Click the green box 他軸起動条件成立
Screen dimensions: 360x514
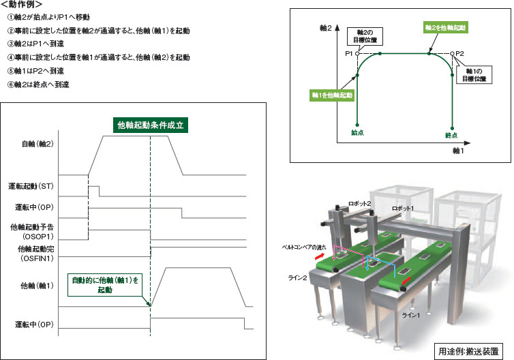tap(151, 125)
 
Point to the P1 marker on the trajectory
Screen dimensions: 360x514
tap(357, 53)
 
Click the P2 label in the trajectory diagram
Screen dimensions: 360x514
tap(459, 53)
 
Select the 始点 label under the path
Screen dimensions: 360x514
tap(357, 132)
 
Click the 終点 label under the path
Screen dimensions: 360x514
tap(451, 134)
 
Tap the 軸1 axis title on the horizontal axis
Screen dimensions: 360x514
tap(458, 151)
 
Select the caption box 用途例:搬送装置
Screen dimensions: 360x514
tap(470, 352)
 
